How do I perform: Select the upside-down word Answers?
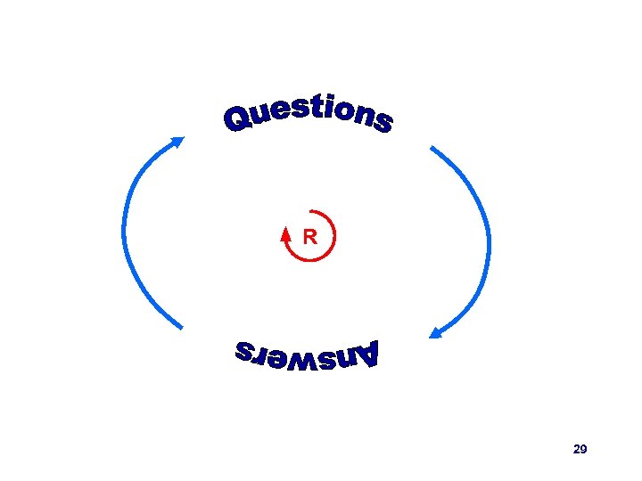point(308,355)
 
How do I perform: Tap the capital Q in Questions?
point(238,120)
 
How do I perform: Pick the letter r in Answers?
point(260,355)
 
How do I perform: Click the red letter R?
point(309,237)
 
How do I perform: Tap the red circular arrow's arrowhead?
point(285,234)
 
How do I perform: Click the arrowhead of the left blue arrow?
point(177,142)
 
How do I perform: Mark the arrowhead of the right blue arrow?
point(436,333)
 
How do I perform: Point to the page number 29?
point(580,449)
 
